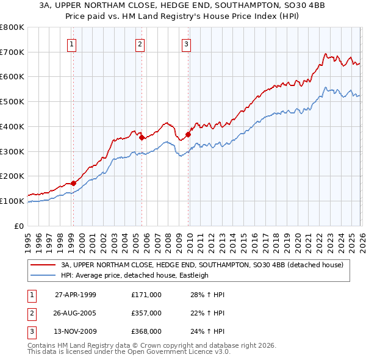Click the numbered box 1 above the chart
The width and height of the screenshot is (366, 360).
(73, 43)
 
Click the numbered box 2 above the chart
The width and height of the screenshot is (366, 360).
(140, 43)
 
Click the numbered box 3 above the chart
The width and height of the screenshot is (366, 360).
(186, 43)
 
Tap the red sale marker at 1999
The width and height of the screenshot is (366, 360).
(73, 183)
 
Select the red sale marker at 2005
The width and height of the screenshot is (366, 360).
(142, 137)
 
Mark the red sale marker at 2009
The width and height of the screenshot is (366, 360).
(187, 134)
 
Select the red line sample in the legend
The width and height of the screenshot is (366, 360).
(43, 265)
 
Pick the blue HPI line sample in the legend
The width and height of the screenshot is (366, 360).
(43, 275)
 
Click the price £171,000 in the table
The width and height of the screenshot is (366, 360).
(146, 295)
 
